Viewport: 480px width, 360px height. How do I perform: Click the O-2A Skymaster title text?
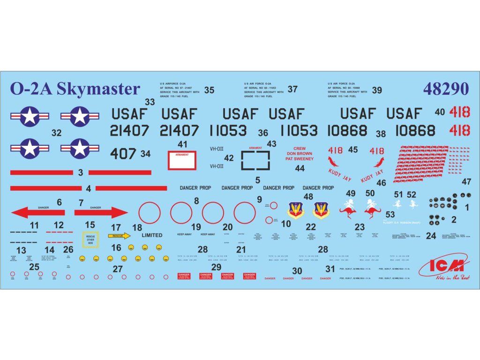[x=75, y=89]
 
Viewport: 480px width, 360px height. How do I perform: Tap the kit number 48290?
[x=445, y=89]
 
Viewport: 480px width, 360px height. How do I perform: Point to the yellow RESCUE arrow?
[x=119, y=236]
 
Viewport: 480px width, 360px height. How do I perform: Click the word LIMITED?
[x=151, y=235]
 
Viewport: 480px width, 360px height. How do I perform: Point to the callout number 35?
[x=209, y=90]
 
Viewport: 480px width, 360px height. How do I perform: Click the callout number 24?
[x=431, y=236]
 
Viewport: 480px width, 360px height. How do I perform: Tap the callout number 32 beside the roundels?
[x=56, y=133]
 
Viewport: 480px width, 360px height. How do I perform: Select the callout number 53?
[x=390, y=214]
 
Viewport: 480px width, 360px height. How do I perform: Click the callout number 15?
[x=90, y=225]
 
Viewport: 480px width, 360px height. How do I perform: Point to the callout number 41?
[x=183, y=144]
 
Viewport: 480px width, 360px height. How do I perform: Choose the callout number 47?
[x=466, y=182]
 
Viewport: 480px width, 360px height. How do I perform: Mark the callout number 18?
[x=137, y=228]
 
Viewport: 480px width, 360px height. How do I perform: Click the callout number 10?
[x=286, y=224]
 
